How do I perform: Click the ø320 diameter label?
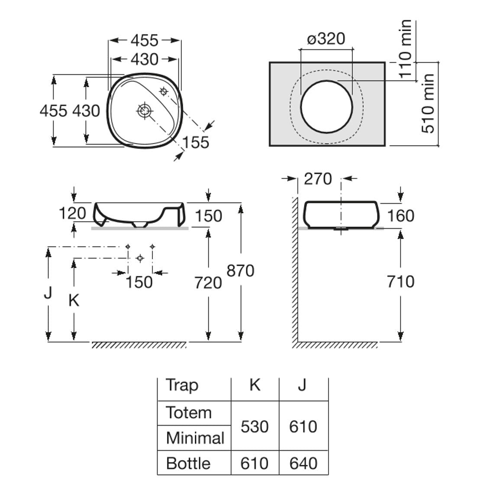pyautogui.click(x=326, y=39)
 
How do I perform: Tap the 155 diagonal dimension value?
pyautogui.click(x=196, y=142)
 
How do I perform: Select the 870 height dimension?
pyautogui.click(x=240, y=271)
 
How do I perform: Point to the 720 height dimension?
pyautogui.click(x=208, y=283)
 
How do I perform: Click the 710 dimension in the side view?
pyautogui.click(x=400, y=281)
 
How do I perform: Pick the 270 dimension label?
pyautogui.click(x=318, y=179)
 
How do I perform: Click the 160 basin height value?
pyautogui.click(x=400, y=216)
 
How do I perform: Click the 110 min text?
pyautogui.click(x=405, y=48)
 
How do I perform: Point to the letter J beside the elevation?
pyautogui.click(x=48, y=293)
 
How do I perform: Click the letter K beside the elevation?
pyautogui.click(x=74, y=300)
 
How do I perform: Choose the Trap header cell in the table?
pyautogui.click(x=182, y=385)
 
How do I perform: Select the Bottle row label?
pyautogui.click(x=188, y=464)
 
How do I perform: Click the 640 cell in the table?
pyautogui.click(x=303, y=464)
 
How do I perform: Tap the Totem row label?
pyautogui.click(x=189, y=413)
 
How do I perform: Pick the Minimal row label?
pyautogui.click(x=195, y=438)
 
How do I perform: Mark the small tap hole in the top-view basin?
pyautogui.click(x=164, y=91)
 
